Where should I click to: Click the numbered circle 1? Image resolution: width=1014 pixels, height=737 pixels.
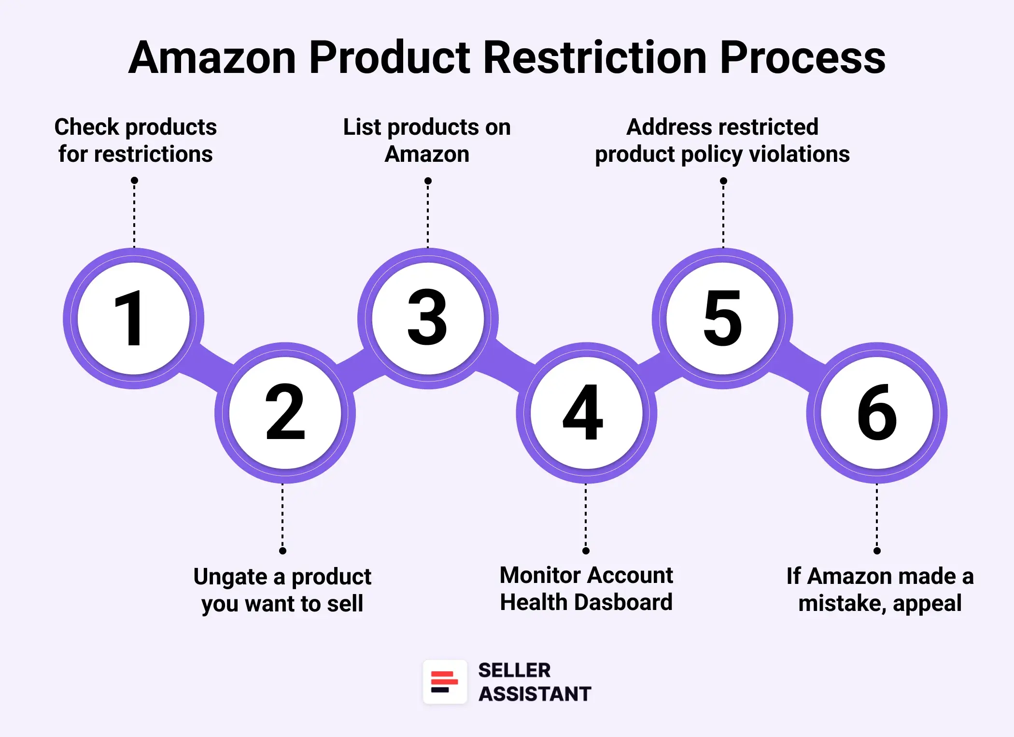coord(134,318)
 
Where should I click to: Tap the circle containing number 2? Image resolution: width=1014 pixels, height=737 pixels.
coord(285,413)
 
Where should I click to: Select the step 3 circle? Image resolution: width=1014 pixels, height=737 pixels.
coord(428,318)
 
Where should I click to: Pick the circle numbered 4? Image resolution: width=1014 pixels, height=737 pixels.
coord(586,413)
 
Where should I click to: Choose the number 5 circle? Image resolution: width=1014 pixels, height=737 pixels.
coord(722,318)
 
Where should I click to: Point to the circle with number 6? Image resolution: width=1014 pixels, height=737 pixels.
coord(877,413)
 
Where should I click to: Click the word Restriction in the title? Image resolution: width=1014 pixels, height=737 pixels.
coord(595,57)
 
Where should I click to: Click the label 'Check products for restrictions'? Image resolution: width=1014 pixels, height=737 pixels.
coord(135,141)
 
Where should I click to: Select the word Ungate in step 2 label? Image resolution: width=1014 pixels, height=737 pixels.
coord(230,577)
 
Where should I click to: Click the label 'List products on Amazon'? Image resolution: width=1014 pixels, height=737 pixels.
coord(427,141)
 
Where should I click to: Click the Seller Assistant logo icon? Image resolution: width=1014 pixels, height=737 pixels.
coord(445,682)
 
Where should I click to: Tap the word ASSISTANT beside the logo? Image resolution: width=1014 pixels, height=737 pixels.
coord(535,694)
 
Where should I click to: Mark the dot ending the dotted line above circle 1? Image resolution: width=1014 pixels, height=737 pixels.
coord(134,181)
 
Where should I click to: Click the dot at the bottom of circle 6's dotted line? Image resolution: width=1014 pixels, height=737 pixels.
coord(877,551)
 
